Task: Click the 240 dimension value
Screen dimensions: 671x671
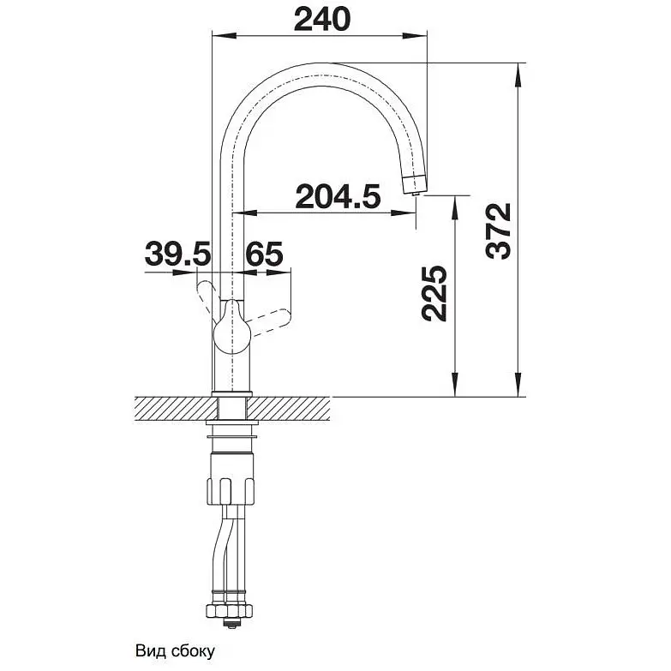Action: [x=322, y=19]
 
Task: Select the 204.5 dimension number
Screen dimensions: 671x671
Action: [x=338, y=196]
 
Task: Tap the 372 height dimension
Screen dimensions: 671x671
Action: [x=499, y=231]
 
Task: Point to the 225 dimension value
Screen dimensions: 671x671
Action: [x=434, y=294]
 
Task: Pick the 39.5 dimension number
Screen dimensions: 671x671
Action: [x=178, y=254]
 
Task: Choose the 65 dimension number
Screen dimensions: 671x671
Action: [x=264, y=254]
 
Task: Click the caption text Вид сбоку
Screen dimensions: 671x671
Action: [x=175, y=651]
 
